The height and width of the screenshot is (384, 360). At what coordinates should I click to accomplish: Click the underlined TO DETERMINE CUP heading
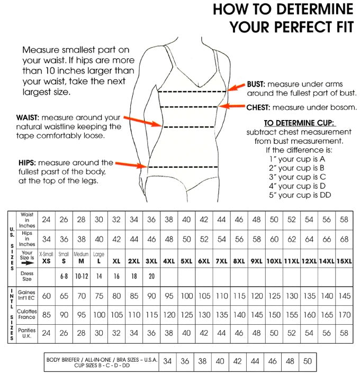[294, 123]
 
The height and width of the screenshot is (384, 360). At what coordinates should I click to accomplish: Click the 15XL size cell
[344, 261]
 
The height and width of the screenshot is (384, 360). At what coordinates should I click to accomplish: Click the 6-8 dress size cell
[64, 276]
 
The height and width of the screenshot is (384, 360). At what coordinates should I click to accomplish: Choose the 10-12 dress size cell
[81, 276]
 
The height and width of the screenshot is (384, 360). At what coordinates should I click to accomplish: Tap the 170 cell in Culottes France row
[344, 315]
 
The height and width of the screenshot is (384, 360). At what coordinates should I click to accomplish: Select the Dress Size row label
[27, 276]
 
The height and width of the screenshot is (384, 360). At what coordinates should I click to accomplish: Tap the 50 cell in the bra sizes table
[308, 362]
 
